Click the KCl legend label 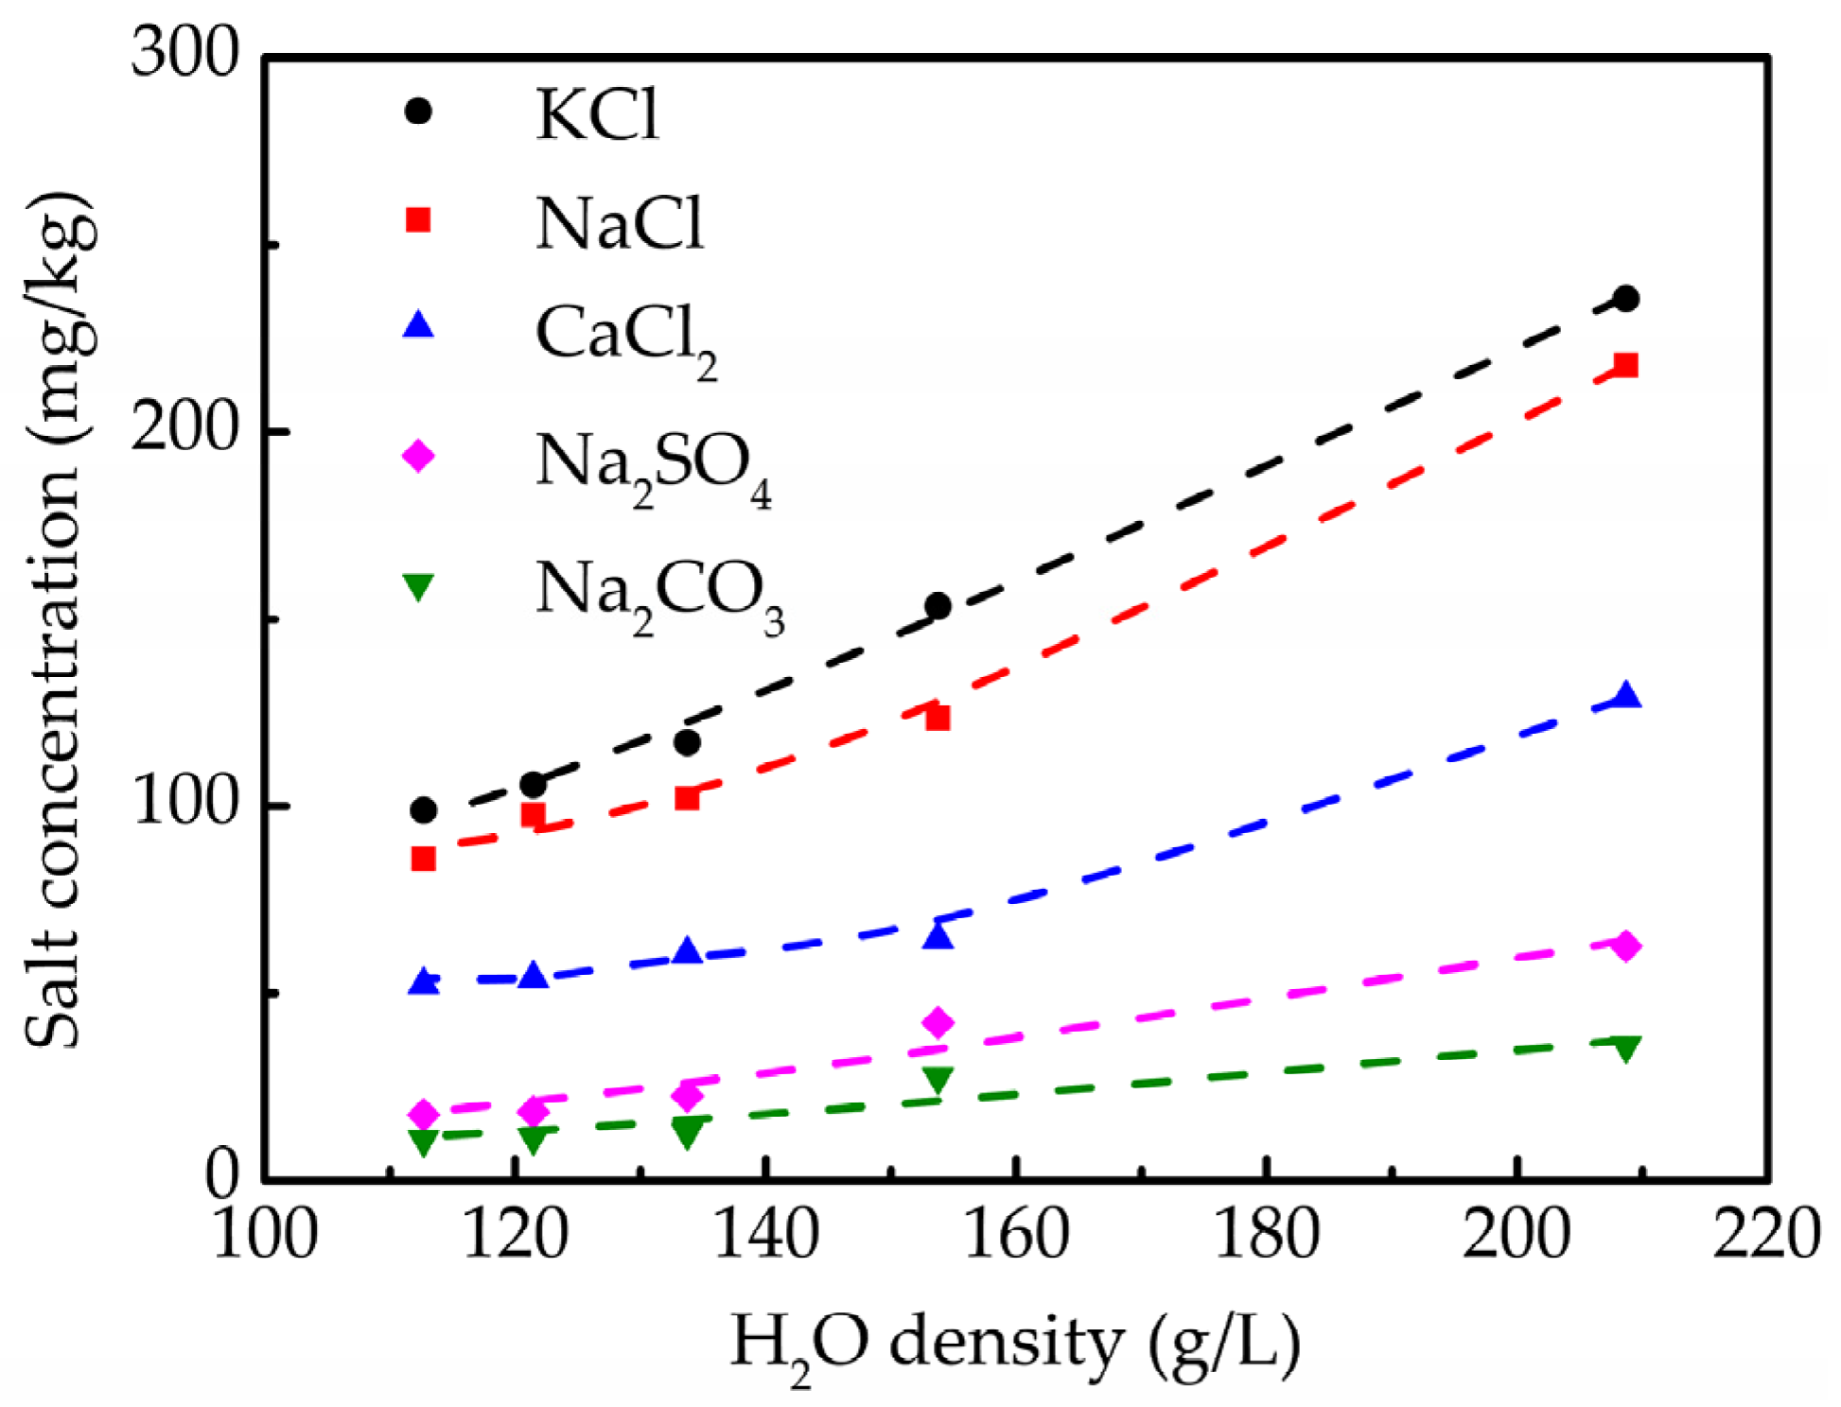(596, 115)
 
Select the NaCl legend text (620, 225)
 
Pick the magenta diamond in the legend (418, 456)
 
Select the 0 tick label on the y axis (223, 1174)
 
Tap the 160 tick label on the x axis (1015, 1235)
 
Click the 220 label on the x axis (1765, 1235)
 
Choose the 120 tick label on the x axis (515, 1235)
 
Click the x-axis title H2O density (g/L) (1014, 1343)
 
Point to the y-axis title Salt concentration (59, 619)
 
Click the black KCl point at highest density (1625, 299)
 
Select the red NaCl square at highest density (1625, 365)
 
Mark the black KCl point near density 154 (938, 606)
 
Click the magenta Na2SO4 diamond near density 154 (938, 1022)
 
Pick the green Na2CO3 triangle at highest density (1625, 1048)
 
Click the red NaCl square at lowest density (423, 859)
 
